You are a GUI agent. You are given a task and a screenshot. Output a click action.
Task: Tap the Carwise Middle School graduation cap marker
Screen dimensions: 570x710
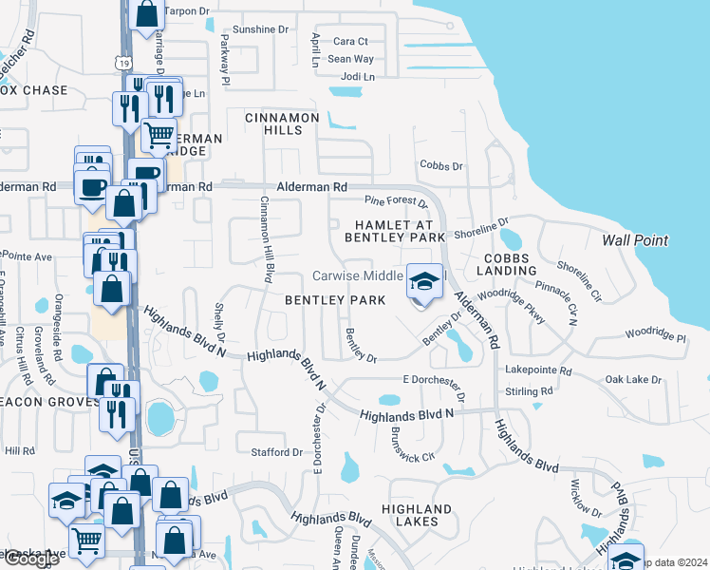pyautogui.click(x=424, y=281)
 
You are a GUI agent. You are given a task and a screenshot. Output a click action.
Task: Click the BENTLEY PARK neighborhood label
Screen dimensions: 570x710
pyautogui.click(x=335, y=300)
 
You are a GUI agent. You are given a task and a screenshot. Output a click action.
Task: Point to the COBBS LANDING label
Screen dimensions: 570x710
pyautogui.click(x=511, y=264)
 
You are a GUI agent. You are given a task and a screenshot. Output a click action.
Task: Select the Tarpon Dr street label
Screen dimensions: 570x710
pyautogui.click(x=186, y=10)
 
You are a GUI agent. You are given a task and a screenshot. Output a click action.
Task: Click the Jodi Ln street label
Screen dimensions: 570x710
pyautogui.click(x=357, y=76)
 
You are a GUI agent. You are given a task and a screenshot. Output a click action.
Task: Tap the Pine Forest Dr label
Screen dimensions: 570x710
pyautogui.click(x=397, y=200)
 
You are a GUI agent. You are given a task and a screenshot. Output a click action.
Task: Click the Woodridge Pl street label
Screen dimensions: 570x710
pyautogui.click(x=655, y=336)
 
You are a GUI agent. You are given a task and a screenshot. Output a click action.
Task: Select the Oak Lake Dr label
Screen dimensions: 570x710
pyautogui.click(x=633, y=380)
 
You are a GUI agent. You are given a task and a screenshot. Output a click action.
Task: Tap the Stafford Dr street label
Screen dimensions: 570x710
pyautogui.click(x=276, y=452)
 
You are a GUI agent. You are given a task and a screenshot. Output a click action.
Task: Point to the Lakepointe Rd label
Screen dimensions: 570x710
pyautogui.click(x=539, y=370)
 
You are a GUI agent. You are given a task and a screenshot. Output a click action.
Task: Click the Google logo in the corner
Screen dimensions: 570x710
pyautogui.click(x=30, y=559)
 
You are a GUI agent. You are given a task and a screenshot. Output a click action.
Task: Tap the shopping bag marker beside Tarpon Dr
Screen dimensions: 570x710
pyautogui.click(x=146, y=14)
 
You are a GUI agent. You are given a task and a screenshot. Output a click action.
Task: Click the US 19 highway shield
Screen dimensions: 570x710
pyautogui.click(x=121, y=62)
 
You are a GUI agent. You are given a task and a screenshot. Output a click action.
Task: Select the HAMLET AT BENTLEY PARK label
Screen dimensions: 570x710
pyautogui.click(x=400, y=229)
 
